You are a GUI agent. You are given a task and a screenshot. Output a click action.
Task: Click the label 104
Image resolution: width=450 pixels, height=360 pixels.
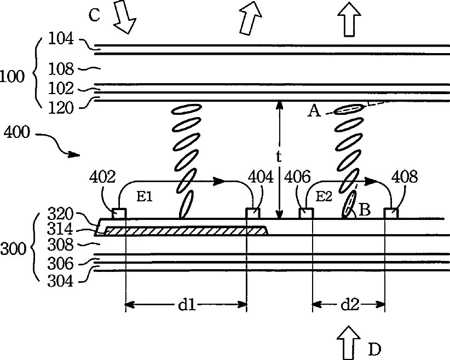[60, 38]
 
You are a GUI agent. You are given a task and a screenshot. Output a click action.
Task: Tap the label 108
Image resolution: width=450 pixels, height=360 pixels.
[60, 69]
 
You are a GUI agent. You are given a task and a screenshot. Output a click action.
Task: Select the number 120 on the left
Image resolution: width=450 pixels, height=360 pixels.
[60, 108]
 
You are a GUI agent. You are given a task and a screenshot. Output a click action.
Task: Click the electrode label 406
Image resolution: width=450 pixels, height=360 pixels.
[298, 177]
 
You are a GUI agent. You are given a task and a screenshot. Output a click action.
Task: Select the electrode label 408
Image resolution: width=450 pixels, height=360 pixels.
[405, 177]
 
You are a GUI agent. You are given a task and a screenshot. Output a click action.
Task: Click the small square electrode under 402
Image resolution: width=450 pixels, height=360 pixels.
[119, 213]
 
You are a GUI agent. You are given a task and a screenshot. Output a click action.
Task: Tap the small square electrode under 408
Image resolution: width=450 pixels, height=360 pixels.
[390, 213]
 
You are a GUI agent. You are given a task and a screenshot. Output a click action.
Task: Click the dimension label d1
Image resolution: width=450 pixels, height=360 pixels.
[187, 305]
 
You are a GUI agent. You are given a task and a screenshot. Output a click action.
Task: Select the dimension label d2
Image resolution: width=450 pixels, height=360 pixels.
[349, 305]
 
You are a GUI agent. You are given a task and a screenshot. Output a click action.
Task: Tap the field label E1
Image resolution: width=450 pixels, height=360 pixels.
[144, 197]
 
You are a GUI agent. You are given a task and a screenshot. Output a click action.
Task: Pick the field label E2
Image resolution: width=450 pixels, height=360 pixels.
[325, 197]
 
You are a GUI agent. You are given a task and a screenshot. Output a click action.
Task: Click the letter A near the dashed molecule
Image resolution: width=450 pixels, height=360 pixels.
[314, 112]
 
